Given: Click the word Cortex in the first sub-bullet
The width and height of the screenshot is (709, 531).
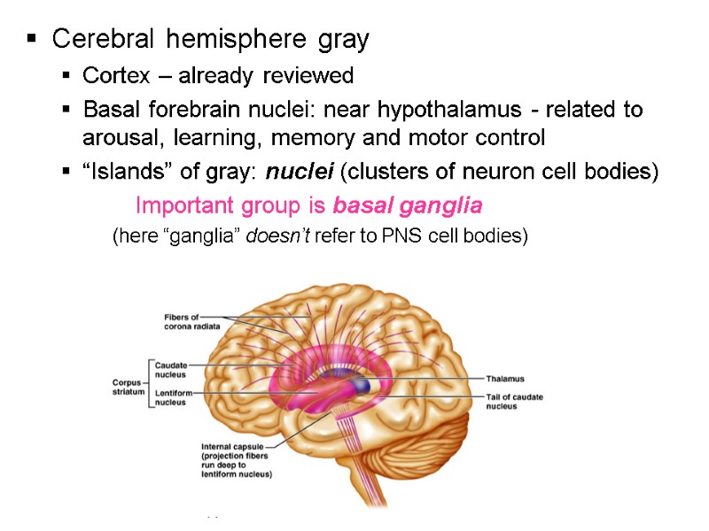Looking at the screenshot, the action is point(110,75).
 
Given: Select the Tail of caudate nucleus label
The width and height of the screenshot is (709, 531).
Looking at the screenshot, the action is point(515,402).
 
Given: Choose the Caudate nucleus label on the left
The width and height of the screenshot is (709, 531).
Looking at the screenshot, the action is point(171,369).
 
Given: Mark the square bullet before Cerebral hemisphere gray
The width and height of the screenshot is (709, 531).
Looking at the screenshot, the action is point(32,40).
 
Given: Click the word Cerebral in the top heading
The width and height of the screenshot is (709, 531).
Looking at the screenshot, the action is point(95,40).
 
